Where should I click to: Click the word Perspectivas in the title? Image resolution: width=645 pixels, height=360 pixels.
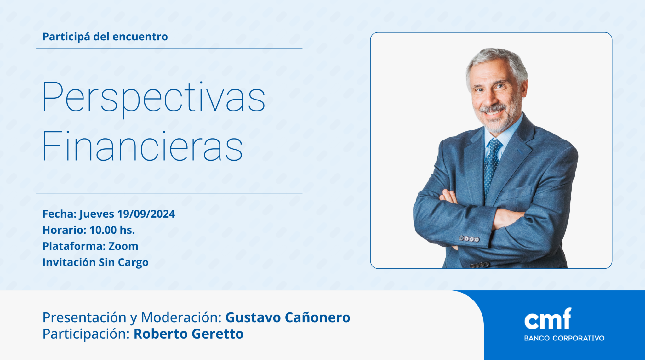pyautogui.click(x=154, y=98)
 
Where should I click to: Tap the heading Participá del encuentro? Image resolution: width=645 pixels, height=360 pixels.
pyautogui.click(x=105, y=37)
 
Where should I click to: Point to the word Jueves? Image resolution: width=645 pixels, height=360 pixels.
pyautogui.click(x=96, y=214)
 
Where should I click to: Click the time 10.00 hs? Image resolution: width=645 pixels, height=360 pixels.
pyautogui.click(x=112, y=230)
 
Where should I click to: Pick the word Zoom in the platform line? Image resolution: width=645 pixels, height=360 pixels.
pyautogui.click(x=123, y=246)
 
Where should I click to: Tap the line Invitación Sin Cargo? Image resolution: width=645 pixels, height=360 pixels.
pyautogui.click(x=95, y=262)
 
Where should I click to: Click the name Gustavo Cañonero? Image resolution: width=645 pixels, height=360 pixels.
pyautogui.click(x=288, y=317)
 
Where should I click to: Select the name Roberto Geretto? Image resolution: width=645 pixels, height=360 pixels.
pyautogui.click(x=188, y=334)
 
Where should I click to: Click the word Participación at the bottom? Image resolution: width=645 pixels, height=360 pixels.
pyautogui.click(x=86, y=334)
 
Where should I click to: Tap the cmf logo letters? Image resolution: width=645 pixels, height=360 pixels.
pyautogui.click(x=548, y=319)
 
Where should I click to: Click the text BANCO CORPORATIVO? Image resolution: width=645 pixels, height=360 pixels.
pyautogui.click(x=564, y=338)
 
